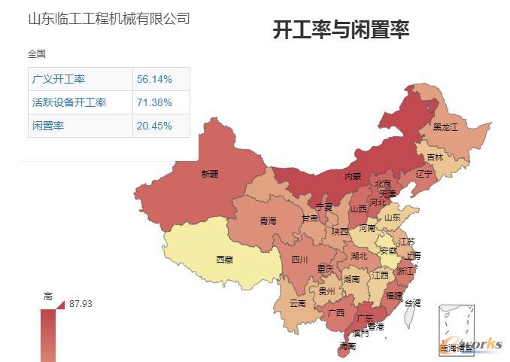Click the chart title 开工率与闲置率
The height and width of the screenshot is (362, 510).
341,30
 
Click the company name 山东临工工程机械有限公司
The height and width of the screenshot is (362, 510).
108,19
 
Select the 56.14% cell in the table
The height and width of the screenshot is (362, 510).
154,79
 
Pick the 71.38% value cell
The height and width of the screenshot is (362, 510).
154,102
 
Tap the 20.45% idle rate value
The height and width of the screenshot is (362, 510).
154,126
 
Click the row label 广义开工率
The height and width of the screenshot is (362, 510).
59,79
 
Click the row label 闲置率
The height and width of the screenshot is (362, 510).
48,126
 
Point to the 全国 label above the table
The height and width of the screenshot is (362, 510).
37,54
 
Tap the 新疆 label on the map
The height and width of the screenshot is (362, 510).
210,174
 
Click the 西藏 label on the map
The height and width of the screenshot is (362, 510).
224,260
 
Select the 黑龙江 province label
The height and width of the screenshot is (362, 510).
445,127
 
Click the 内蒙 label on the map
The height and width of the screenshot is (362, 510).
352,176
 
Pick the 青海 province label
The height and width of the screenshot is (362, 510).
268,221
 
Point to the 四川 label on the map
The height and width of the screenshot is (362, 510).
299,260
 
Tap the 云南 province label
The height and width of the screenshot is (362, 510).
297,303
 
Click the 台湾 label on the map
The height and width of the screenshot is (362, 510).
413,303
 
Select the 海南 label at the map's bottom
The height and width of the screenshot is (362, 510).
347,346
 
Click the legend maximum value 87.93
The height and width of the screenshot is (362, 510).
80,304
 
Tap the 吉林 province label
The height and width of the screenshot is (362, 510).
435,158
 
